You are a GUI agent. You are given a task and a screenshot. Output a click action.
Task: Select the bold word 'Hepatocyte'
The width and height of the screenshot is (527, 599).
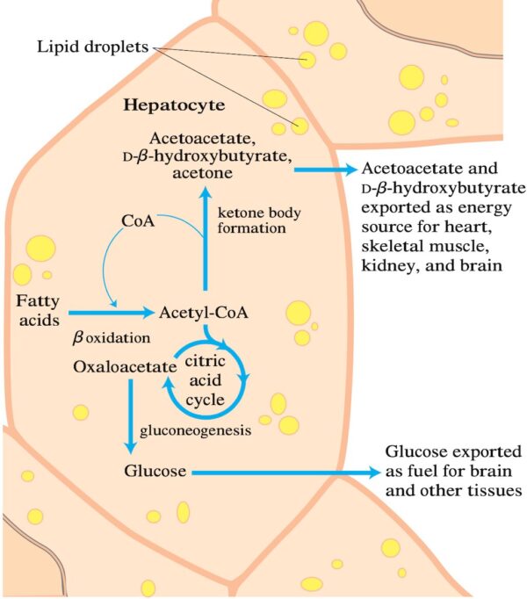[x=174, y=105]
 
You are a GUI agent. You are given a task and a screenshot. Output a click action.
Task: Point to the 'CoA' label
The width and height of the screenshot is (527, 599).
[x=138, y=220]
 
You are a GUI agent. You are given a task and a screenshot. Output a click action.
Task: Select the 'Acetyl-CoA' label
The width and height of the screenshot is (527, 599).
[x=195, y=311]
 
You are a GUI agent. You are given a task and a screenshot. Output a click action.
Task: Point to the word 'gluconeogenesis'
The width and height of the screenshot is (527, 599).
[x=197, y=431]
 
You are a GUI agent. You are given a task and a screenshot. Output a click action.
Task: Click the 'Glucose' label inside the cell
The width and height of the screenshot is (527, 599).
[x=155, y=472]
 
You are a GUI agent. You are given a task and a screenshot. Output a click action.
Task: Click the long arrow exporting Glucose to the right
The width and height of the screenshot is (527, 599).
[x=281, y=473]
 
